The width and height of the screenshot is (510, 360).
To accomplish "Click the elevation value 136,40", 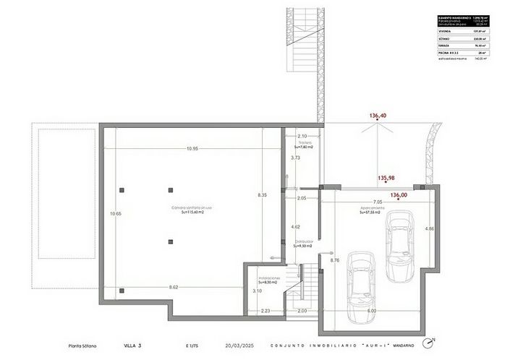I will pos(378,116).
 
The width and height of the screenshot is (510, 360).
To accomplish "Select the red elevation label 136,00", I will pos(399,194).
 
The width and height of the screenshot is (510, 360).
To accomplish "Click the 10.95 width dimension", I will pos(192,149).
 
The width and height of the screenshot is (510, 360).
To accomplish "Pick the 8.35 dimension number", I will pos(263,195).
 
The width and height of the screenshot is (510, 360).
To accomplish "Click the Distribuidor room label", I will pos(303,244).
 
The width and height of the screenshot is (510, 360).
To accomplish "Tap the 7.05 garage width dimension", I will pos(377,202).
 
